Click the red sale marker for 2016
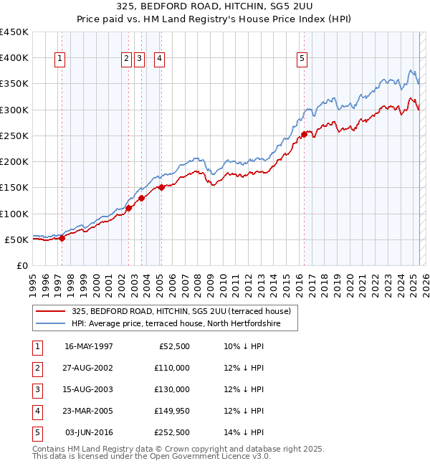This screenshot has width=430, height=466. click(304, 134)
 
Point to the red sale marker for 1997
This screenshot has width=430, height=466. click(62, 239)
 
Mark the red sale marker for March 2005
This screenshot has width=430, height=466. click(161, 188)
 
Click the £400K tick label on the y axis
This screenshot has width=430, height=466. click(14, 57)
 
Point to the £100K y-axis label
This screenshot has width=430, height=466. click(14, 214)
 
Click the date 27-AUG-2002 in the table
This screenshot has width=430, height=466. click(88, 368)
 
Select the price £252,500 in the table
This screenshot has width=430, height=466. click(171, 432)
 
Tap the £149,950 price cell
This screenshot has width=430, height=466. click(171, 411)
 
